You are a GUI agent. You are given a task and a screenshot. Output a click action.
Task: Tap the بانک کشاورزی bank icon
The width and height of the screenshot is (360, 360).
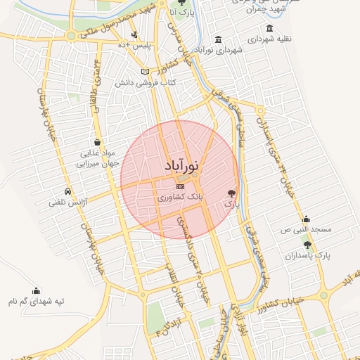(x=181, y=186)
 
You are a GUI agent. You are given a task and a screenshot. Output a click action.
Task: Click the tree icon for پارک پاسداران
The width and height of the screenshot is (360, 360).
(x=307, y=244)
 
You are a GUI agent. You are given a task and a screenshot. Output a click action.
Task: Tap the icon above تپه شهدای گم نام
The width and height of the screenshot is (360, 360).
(x=37, y=290)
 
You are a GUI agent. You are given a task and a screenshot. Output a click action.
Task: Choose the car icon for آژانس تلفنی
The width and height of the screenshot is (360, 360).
(x=67, y=191)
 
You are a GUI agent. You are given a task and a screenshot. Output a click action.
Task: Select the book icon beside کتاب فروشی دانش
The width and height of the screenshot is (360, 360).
(x=145, y=72)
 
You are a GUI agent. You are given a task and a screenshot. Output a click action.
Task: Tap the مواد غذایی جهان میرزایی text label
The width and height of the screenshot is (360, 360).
(x=89, y=157)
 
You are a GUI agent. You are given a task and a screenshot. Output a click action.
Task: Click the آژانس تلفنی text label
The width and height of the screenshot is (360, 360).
(x=67, y=202)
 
